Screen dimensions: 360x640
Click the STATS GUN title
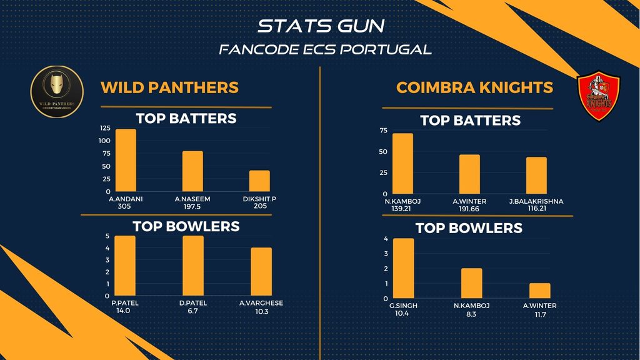[x=321, y=26]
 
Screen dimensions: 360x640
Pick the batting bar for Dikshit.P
[x=260, y=181]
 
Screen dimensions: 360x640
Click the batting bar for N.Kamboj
[x=402, y=164]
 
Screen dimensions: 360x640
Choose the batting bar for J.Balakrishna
[x=536, y=176]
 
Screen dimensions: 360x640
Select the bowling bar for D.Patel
[x=193, y=266]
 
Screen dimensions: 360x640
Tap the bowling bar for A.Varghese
[x=261, y=272]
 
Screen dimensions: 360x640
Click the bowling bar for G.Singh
[x=403, y=268]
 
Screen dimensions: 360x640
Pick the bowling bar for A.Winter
[x=540, y=291]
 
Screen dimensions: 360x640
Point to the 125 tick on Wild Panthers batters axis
[x=104, y=128]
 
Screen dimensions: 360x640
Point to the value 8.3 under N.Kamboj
[x=471, y=314]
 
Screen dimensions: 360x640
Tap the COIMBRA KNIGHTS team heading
[x=474, y=87]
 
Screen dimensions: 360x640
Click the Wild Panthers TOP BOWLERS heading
[x=186, y=226]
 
